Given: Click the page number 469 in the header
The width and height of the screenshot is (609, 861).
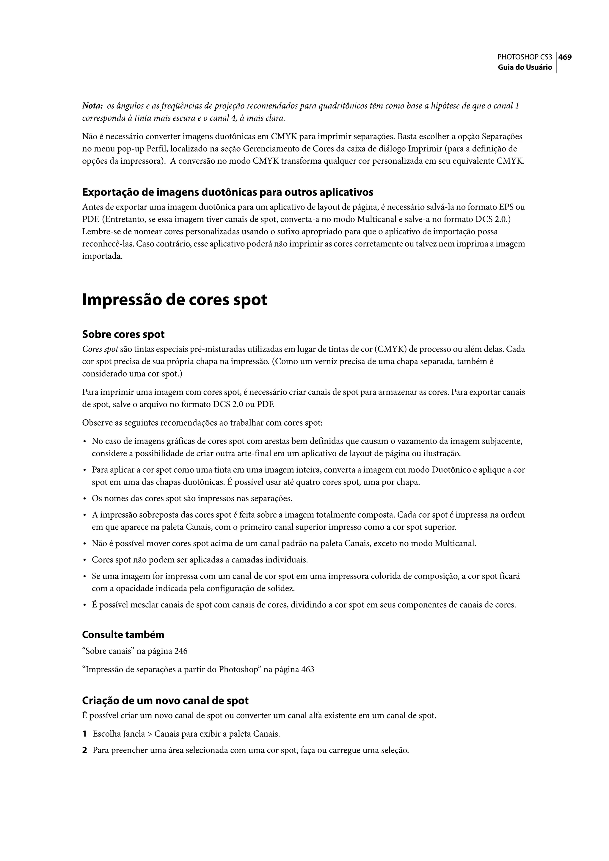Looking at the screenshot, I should [565, 57].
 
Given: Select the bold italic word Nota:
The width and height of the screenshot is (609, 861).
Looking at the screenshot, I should [92, 106].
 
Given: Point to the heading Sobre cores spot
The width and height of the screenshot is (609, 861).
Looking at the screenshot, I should [123, 335].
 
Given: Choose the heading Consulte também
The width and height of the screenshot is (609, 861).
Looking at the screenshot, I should [123, 635].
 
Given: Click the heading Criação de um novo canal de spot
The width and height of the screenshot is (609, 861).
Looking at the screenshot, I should [165, 701].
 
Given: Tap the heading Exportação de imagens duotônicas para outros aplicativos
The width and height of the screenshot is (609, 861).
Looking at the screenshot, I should [227, 192].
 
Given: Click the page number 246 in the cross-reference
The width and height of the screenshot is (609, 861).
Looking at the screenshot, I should [181, 651].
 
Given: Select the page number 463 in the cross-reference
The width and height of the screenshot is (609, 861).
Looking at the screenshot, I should [307, 670].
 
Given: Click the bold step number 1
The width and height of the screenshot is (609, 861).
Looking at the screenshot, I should [84, 734].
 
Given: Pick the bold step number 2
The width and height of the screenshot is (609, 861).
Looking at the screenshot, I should [84, 750].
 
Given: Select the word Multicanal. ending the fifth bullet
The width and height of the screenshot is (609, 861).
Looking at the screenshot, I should [455, 543].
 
